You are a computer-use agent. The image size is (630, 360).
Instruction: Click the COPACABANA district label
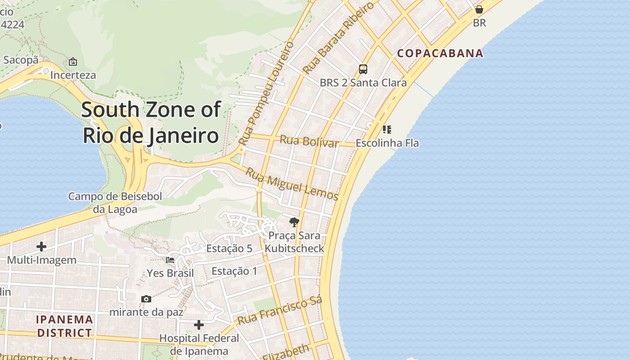coord(440,53)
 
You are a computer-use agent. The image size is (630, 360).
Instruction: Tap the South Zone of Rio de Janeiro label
coord(151,122)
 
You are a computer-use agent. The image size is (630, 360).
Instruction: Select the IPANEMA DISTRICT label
coord(65,326)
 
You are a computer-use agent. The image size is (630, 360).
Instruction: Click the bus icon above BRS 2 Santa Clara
coord(363,69)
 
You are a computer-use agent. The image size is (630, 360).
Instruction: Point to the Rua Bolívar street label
coord(309,141)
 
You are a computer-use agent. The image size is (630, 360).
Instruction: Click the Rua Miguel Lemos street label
coord(292,184)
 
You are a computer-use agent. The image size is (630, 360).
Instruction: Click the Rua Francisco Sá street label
coord(279,311)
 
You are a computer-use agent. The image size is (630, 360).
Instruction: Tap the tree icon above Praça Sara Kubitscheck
coord(294,222)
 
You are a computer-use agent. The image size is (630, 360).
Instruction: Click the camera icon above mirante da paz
coord(146,299)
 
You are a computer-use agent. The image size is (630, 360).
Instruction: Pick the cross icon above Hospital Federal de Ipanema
coord(199,324)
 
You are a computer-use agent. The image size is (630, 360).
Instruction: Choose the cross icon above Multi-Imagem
coord(41,246)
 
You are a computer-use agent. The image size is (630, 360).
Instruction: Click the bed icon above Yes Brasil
coord(170,260)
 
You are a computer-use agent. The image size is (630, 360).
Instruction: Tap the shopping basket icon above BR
coord(479,9)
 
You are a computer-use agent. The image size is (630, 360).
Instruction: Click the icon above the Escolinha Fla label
coord(387,130)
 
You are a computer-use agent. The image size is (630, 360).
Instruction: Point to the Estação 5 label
coord(229,248)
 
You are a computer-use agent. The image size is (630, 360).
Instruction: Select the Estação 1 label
coord(234,271)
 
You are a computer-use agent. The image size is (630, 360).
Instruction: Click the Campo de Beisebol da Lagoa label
coord(115,202)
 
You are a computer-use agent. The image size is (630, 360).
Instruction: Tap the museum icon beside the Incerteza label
coord(73,62)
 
